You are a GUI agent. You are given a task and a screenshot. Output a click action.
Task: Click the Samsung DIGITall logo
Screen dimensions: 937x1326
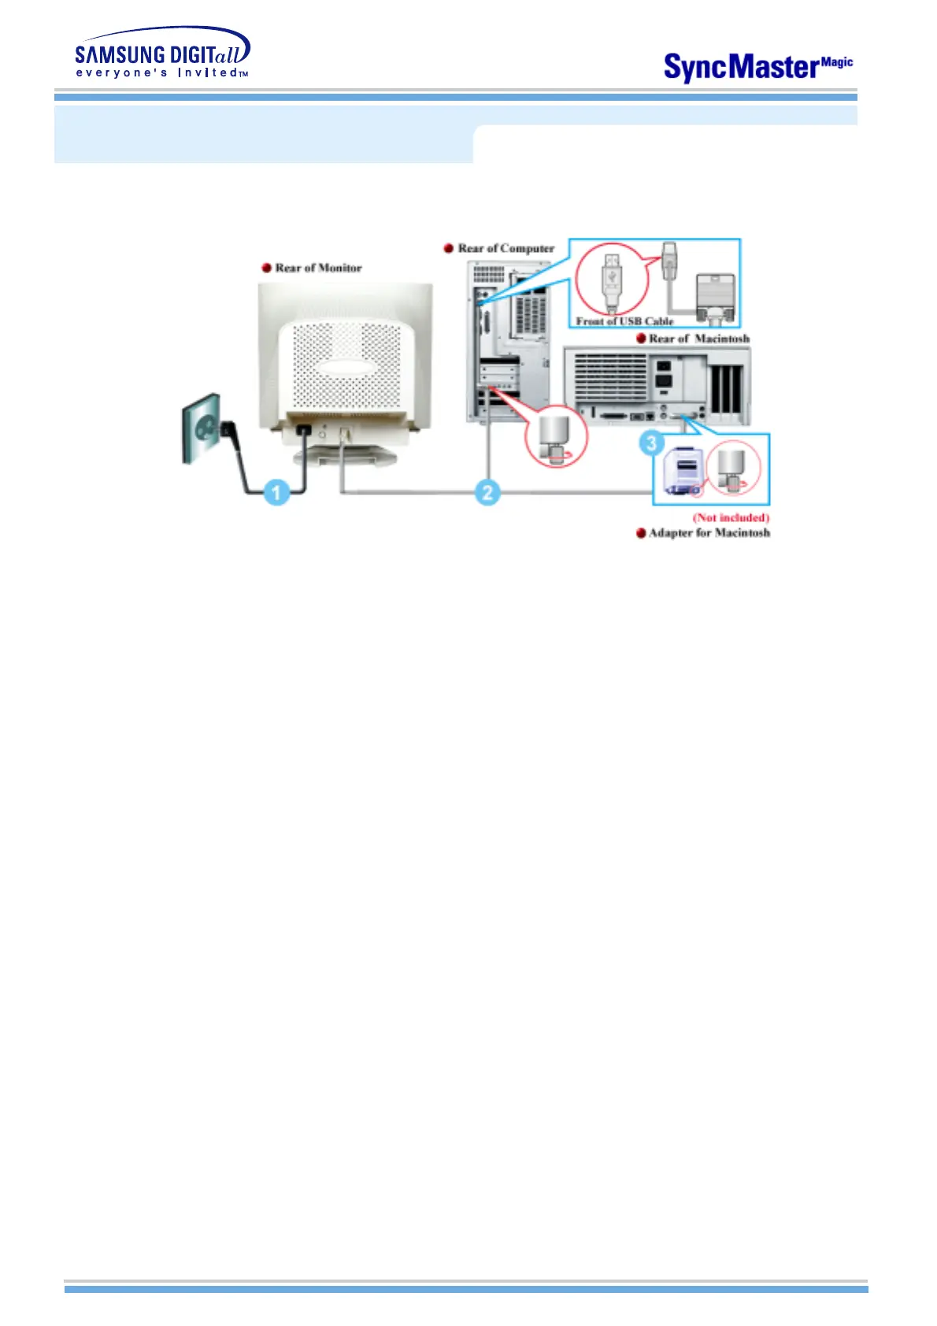[162, 54]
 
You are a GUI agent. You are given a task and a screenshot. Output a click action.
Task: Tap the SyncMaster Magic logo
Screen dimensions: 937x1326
[757, 67]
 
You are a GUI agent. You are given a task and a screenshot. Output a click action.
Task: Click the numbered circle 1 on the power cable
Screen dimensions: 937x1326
[276, 493]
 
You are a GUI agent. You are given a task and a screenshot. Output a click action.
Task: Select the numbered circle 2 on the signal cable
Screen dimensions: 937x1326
[487, 493]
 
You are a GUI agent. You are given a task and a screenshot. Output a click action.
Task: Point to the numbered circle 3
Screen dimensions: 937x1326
[651, 443]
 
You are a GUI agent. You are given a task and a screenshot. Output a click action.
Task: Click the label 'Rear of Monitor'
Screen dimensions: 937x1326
[318, 268]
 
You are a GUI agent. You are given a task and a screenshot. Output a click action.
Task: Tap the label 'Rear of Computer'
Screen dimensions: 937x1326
[506, 248]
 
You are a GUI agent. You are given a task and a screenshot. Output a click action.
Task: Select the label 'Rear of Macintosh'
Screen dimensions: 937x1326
[698, 339]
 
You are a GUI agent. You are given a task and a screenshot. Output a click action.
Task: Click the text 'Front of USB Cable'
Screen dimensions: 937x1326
[624, 320]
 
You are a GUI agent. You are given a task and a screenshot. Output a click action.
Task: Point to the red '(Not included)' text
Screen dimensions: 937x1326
[731, 517]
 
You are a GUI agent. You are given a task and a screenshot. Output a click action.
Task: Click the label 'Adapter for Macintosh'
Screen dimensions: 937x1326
[709, 533]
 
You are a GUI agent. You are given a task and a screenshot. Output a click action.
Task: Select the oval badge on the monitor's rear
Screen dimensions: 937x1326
[347, 366]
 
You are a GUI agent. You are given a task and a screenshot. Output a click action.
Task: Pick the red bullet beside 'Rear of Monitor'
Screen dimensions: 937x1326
[267, 268]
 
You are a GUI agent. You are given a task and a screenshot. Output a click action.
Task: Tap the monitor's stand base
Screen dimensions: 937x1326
[347, 456]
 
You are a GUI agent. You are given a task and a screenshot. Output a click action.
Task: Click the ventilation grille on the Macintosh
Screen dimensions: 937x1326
[610, 376]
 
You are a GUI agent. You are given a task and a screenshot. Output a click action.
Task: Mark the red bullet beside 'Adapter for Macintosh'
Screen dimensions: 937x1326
[641, 533]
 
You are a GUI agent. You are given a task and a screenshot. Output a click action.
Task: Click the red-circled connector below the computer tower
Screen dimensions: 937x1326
[557, 436]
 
